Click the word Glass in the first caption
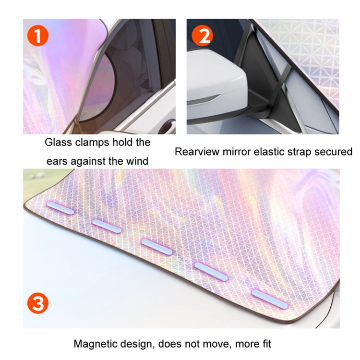coord(58,143)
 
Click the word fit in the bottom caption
coord(264,344)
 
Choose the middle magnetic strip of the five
coord(156,244)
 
